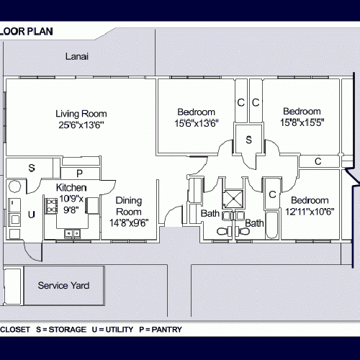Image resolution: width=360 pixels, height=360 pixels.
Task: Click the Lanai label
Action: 76,56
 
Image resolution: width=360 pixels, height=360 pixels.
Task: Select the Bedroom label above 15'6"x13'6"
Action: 196,112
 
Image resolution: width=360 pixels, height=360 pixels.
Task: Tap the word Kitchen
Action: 71,188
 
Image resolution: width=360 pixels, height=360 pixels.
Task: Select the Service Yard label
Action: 63,286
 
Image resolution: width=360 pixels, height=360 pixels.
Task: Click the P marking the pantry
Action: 79,174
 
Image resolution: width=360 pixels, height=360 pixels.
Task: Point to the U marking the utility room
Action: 31,215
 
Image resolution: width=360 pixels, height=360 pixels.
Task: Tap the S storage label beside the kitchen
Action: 31,168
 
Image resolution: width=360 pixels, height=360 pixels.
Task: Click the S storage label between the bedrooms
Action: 248,139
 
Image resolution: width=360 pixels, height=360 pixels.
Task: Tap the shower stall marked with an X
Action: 234,197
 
